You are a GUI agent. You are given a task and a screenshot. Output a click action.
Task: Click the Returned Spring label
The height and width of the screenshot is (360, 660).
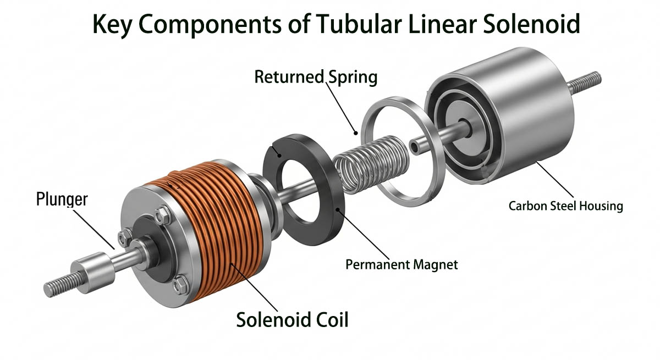(316, 77)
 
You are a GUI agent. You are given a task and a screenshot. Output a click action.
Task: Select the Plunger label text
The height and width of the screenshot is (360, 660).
(62, 200)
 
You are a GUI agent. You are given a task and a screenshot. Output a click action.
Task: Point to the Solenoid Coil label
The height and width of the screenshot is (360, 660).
(292, 320)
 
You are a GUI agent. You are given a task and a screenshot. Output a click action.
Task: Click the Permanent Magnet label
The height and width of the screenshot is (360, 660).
(402, 264)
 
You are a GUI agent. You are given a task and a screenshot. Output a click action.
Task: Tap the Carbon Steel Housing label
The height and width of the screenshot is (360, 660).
(566, 206)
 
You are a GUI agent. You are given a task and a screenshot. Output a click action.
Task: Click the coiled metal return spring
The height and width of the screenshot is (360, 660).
(372, 164)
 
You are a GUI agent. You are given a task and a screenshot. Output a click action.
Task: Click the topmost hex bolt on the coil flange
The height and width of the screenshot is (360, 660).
(163, 215)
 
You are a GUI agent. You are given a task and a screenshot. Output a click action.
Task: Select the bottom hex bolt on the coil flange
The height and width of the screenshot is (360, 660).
(180, 284)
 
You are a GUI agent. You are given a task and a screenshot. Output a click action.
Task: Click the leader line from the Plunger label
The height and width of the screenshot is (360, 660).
(94, 229)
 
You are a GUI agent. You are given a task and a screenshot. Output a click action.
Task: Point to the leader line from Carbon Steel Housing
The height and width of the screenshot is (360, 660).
(555, 179)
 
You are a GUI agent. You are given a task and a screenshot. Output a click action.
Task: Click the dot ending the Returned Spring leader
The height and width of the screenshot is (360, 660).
(356, 133)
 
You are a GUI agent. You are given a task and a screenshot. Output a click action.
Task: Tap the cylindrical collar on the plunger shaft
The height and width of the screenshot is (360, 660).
(92, 272)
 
